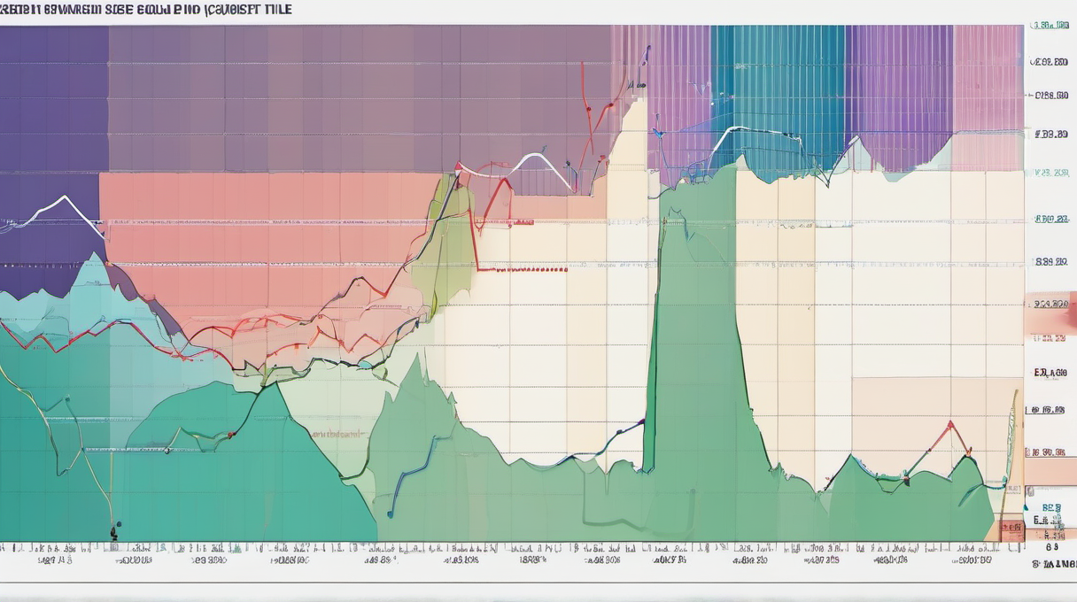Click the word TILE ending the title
pos(276,9)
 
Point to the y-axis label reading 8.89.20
pos(1050,262)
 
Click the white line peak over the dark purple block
pos(64,197)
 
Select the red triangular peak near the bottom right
pos(951,424)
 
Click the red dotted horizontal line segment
pos(523,269)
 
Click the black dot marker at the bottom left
pos(114,533)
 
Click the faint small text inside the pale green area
pos(337,435)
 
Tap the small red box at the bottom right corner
pos(1011,530)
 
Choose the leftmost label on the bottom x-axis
pos(55,560)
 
